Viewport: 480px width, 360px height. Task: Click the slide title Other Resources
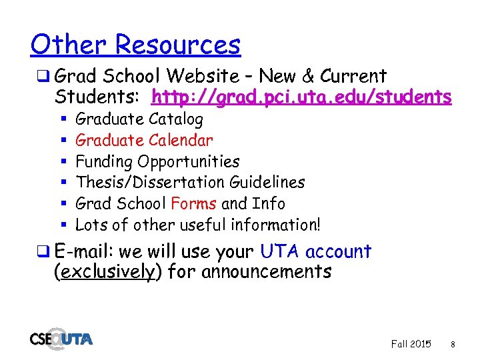coord(135,45)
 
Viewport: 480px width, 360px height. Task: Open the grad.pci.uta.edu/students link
coord(301,97)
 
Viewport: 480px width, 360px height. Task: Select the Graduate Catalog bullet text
coord(139,119)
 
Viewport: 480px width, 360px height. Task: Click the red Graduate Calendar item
coord(144,141)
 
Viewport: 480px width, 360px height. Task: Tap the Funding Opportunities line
coord(157,162)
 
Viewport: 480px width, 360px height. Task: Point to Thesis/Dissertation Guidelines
coord(190,183)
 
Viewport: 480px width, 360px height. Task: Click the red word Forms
coord(193,203)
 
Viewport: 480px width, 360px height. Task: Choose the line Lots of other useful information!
coord(198,225)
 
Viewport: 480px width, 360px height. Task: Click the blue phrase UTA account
coord(315,252)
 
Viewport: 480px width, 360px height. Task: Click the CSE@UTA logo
coord(61,338)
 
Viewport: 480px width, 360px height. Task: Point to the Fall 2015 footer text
coord(411,344)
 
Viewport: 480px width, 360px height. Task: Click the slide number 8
coord(453,345)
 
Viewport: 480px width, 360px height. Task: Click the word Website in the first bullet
coord(207,76)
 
